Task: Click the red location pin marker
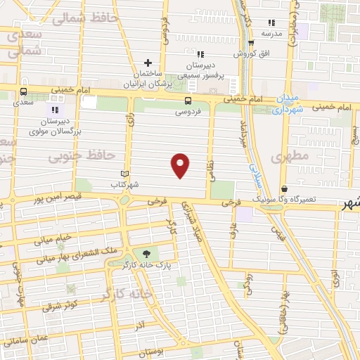[x=181, y=165]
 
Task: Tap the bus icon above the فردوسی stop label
[x=187, y=100]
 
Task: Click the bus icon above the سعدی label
[x=24, y=91]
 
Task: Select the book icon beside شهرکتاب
[x=124, y=174]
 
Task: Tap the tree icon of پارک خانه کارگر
[x=146, y=254]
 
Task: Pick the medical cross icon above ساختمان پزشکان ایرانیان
[x=148, y=63]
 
